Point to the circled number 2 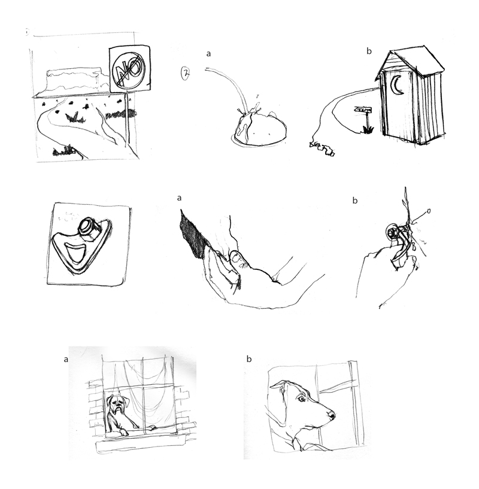click(x=186, y=74)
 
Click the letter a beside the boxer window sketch click(x=65, y=359)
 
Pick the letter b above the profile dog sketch click(x=248, y=359)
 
